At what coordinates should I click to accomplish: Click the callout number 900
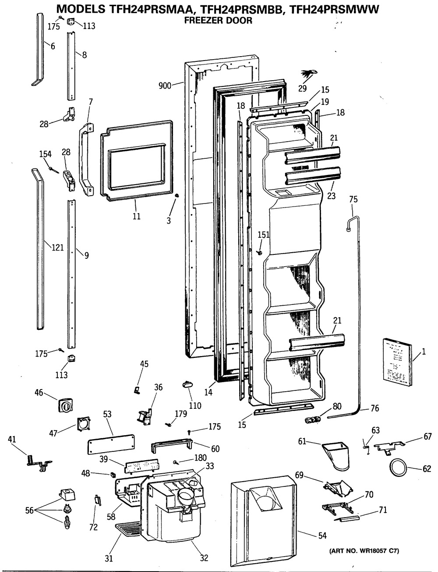coord(165,86)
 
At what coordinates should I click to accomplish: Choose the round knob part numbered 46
coord(66,404)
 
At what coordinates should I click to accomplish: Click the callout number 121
coord(57,248)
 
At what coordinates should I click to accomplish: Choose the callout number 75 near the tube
coord(353,200)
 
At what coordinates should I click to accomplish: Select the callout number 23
coord(331,196)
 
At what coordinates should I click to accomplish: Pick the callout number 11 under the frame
coord(137,216)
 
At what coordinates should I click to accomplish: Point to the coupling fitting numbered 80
coord(312,420)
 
